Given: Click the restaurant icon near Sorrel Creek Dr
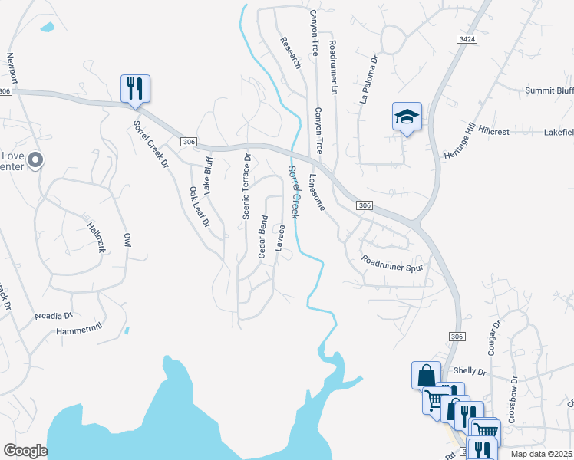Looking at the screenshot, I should [135, 88].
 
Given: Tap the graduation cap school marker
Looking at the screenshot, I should [407, 117].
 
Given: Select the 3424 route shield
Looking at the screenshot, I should [463, 38].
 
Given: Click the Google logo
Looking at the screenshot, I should [25, 451].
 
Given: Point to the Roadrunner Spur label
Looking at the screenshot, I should [392, 264].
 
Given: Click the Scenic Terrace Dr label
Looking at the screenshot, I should [247, 187].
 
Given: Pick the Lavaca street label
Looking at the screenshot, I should [281, 237].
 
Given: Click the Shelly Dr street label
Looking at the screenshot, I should [470, 371].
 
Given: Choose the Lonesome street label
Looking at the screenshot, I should [318, 192].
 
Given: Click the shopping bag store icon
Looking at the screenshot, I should [426, 376].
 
